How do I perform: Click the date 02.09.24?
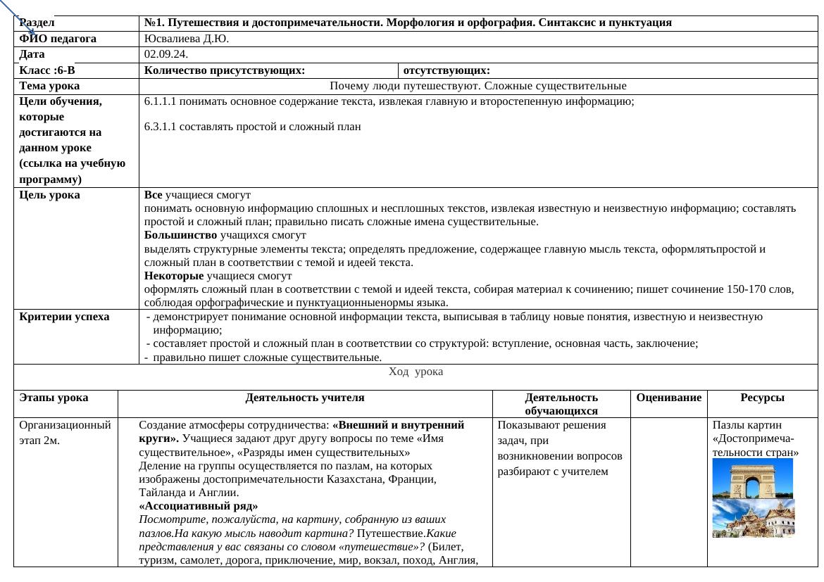pos(166,54)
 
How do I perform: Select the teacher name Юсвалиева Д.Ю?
pos(186,39)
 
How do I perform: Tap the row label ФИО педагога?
pos(58,39)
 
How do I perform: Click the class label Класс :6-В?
pos(47,70)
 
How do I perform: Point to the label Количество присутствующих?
pos(225,70)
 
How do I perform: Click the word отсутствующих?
pos(447,70)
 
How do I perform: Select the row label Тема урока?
pos(49,86)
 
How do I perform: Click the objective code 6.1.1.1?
pos(160,101)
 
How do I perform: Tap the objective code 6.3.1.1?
pos(160,127)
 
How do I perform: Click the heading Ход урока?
pos(416,372)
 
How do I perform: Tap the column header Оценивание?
pos(668,398)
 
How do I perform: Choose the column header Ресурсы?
pos(762,398)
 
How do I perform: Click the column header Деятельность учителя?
pos(305,398)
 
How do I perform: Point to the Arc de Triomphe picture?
pos(753,479)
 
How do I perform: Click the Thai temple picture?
pos(753,518)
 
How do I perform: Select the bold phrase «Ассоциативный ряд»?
pos(199,506)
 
